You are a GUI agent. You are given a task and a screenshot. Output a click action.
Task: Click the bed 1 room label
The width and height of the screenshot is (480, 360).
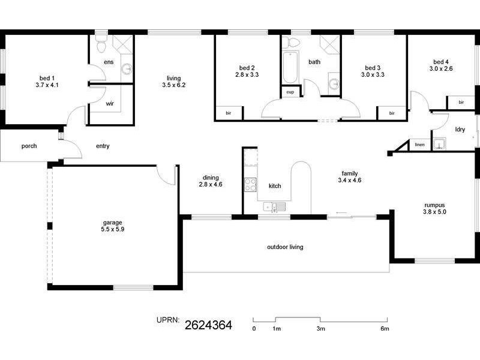[x=47, y=78]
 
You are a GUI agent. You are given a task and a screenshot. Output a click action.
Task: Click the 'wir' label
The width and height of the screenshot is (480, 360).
[x=110, y=104]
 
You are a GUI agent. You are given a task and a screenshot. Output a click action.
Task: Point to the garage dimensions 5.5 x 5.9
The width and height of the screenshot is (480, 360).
[x=113, y=229]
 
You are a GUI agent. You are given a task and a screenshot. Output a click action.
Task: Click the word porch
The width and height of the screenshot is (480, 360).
[x=29, y=146]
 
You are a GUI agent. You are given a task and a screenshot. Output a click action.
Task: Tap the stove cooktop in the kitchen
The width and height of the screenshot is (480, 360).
[x=250, y=185]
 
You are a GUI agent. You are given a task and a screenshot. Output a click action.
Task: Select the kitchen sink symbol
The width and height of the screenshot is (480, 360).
[x=275, y=208]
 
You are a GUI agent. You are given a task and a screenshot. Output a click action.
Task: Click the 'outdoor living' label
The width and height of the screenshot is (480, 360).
[x=285, y=247]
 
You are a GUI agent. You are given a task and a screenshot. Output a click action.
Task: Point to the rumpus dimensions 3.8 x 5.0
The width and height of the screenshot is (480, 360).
[x=434, y=212]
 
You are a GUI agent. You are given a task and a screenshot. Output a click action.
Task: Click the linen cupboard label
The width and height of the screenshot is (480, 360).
[x=419, y=145]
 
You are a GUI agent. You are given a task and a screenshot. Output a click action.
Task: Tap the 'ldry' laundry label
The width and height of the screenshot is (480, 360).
[x=460, y=129]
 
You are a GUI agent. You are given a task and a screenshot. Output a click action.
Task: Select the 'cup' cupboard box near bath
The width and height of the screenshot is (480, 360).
[x=290, y=92]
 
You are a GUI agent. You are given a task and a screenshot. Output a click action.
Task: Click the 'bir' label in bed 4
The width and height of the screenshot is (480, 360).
[x=461, y=103]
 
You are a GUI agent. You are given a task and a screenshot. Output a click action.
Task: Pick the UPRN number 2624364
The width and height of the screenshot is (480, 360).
[x=208, y=326]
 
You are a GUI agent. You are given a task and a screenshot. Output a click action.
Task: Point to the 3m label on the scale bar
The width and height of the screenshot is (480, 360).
[x=321, y=329]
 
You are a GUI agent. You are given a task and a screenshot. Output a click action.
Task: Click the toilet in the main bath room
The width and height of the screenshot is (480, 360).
[x=293, y=42]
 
